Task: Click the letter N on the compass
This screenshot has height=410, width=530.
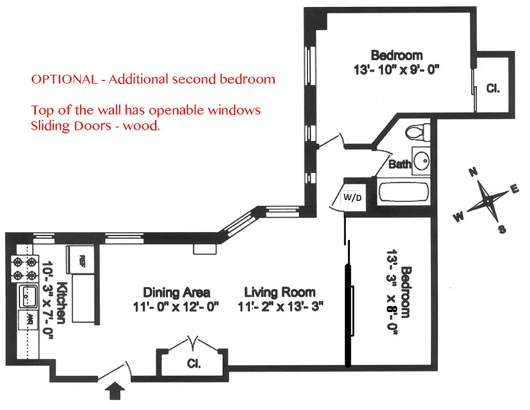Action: tap(473, 173)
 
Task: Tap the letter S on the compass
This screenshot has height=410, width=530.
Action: tap(502, 230)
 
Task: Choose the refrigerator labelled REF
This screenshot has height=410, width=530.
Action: tap(81, 259)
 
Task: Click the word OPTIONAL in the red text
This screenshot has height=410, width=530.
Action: tap(63, 79)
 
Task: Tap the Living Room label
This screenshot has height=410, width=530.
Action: tap(280, 293)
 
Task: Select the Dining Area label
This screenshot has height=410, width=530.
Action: tap(176, 293)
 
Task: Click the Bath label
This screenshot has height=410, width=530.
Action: tap(400, 165)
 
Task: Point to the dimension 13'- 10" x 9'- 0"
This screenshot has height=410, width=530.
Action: tap(396, 70)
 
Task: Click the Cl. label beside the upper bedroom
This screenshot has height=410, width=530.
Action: tap(493, 88)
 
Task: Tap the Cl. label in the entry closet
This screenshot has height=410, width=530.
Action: tap(193, 364)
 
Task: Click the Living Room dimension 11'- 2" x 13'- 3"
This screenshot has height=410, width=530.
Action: tap(281, 307)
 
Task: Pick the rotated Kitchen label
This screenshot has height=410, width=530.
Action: tap(61, 303)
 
